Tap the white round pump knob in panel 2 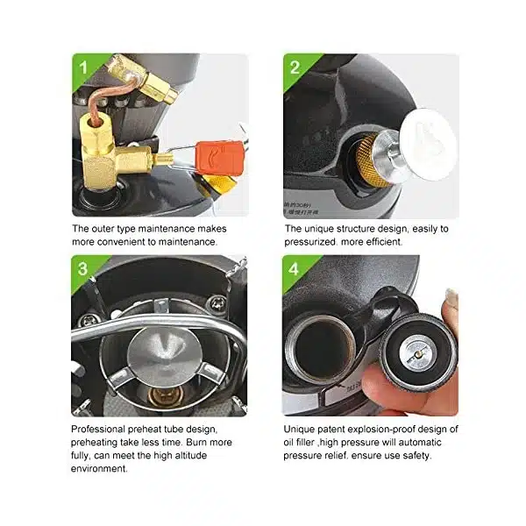tap(429, 145)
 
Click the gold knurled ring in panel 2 tap(368, 160)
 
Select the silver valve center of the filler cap tap(418, 354)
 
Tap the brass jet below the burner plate tap(166, 396)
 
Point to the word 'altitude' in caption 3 tap(188, 455)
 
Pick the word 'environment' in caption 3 tap(98, 468)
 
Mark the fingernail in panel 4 tap(451, 297)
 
